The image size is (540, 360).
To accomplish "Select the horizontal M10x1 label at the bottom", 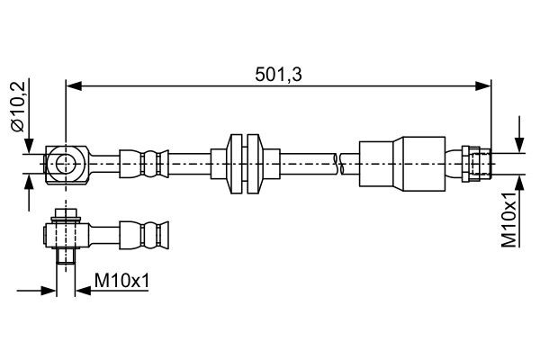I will click(x=121, y=283).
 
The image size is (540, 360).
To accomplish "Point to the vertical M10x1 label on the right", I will click(x=509, y=219).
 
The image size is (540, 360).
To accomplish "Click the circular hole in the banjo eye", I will click(x=66, y=163).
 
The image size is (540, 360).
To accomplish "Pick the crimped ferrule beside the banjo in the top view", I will click(x=144, y=163).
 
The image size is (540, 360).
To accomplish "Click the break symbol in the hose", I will click(x=338, y=163).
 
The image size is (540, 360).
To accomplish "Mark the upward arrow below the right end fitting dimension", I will click(x=520, y=181).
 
